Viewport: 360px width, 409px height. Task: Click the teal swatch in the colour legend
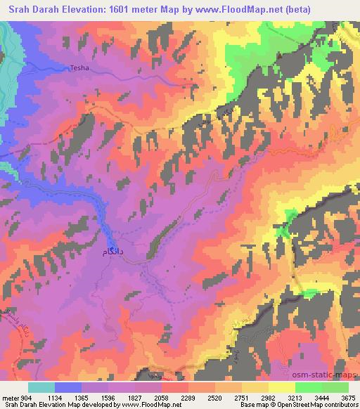click(41, 387)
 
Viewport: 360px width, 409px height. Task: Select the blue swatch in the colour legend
click(68, 387)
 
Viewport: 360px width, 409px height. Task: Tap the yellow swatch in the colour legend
click(281, 387)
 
